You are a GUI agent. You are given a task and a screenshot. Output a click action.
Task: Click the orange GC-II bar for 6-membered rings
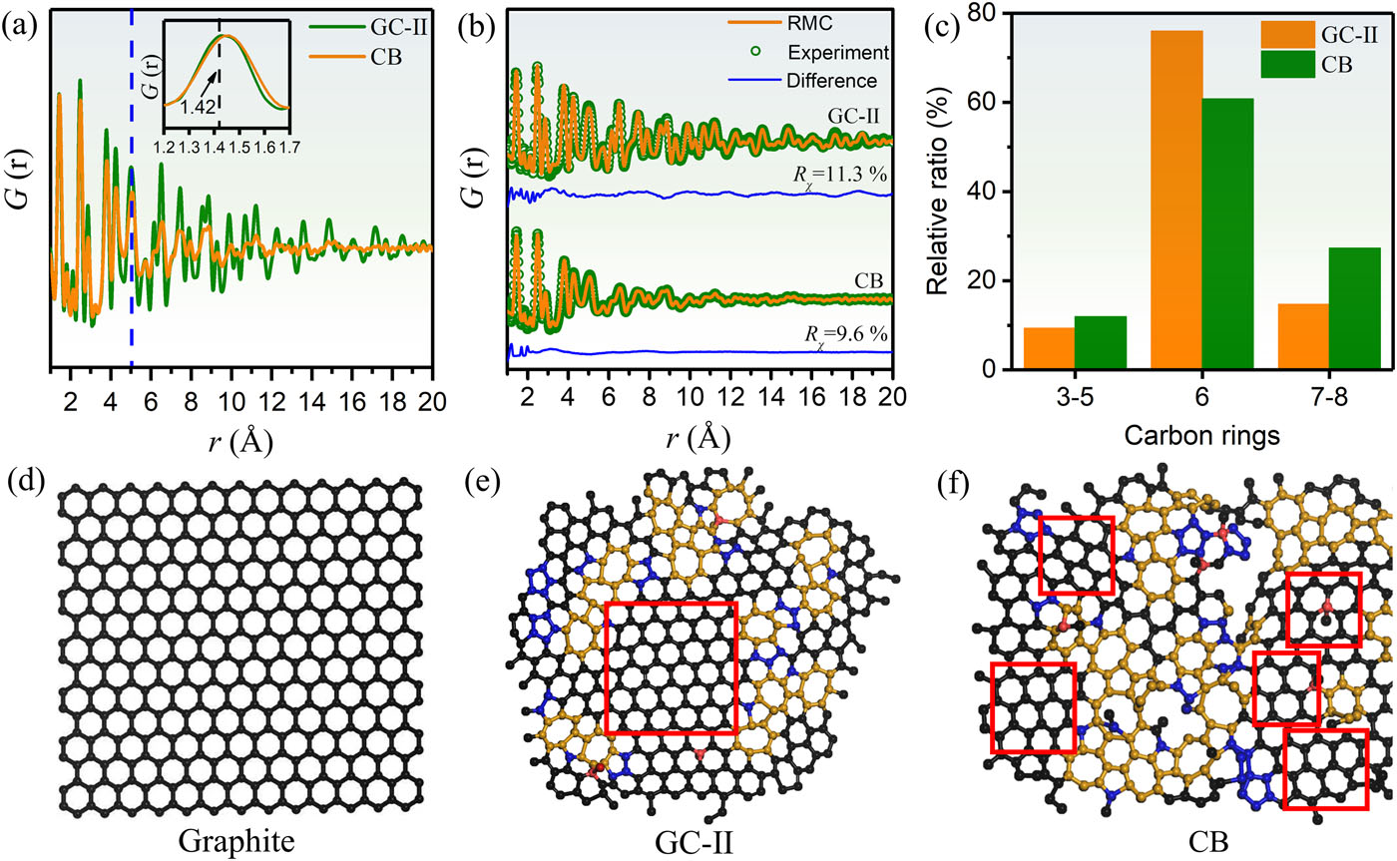point(1176,200)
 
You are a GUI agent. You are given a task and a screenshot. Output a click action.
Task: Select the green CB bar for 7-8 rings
point(1355,308)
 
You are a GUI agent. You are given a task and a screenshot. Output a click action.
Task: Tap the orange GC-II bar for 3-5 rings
point(1049,348)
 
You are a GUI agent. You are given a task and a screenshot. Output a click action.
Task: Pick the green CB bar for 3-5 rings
point(1100,343)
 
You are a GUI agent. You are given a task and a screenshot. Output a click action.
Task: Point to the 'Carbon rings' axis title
point(1201,435)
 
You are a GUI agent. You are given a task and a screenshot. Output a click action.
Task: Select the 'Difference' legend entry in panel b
point(831,81)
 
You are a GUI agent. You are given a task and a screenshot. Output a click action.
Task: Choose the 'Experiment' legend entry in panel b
point(837,52)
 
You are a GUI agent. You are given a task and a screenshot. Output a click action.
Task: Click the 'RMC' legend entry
point(810,23)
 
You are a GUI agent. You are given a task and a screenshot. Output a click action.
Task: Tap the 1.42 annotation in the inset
point(198,107)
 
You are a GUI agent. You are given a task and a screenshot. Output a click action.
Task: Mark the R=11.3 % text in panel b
point(839,176)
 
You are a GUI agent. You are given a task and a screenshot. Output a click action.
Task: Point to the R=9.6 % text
point(846,336)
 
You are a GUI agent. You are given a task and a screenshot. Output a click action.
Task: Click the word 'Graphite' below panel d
point(236,840)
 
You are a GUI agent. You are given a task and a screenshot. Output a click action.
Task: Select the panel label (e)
point(482,483)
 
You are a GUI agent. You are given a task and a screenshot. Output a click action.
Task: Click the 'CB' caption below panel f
point(1208,842)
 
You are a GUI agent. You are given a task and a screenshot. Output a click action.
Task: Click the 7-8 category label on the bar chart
point(1329,397)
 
